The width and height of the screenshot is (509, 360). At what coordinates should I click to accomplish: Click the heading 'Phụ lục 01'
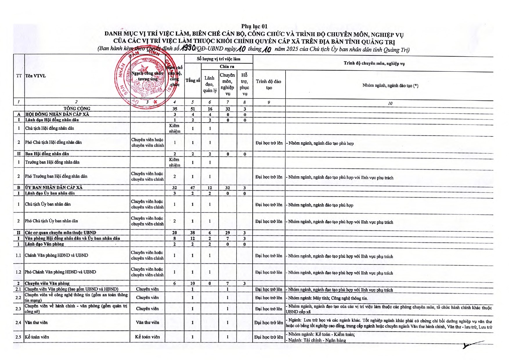coord(254,27)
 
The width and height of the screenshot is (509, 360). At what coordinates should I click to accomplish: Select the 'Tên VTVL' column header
coord(35,76)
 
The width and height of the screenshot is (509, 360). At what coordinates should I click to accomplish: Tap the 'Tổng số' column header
coord(193,80)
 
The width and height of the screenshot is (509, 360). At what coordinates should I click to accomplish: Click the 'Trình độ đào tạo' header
coord(268,84)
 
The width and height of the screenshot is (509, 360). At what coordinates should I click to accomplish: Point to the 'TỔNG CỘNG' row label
coord(77,109)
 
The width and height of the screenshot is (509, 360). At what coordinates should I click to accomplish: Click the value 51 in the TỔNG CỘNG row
coord(193,109)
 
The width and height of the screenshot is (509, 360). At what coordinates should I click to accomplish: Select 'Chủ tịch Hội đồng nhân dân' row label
coord(50,128)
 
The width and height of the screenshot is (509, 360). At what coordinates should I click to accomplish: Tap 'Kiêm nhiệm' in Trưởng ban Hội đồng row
coord(174,162)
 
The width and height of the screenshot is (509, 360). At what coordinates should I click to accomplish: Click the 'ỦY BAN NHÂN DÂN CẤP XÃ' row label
coord(54,188)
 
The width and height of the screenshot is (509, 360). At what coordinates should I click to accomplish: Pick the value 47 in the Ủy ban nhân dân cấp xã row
coord(193,188)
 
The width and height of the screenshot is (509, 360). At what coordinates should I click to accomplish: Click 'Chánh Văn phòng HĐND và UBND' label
coord(56,255)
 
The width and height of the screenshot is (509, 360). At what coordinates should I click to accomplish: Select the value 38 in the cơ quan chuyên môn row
coord(193,233)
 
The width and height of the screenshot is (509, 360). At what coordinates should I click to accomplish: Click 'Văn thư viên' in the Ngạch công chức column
coord(147,323)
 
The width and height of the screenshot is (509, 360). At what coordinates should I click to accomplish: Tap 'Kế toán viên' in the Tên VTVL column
coord(37,337)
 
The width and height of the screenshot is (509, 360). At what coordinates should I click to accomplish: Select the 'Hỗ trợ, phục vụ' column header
coord(244,84)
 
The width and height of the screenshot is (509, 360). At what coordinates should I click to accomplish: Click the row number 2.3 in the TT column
coord(19,309)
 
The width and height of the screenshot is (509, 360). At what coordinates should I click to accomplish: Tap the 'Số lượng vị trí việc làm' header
coord(219,59)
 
